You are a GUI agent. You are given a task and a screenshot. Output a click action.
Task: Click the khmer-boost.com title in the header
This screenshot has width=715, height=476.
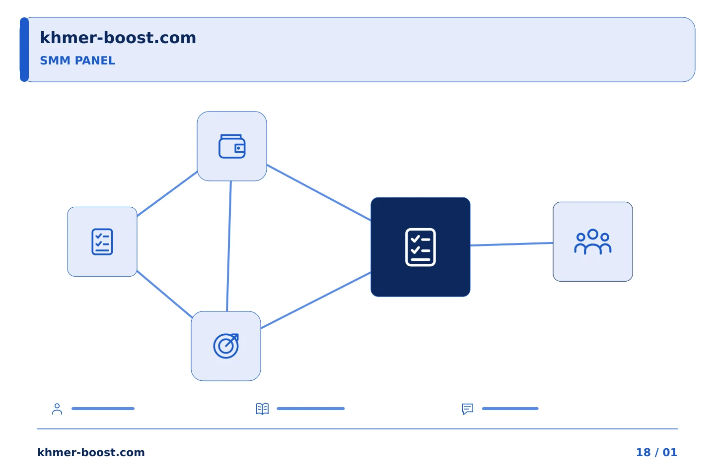pos(118,38)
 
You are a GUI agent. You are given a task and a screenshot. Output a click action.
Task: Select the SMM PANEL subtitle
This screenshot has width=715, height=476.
pos(77,60)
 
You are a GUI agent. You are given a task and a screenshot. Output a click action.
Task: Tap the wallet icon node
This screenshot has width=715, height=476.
pos(232,146)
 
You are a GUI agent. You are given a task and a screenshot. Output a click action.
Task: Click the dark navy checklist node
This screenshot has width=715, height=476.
pos(421,247)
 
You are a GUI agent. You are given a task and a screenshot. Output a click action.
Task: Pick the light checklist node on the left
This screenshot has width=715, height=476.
pos(102,241)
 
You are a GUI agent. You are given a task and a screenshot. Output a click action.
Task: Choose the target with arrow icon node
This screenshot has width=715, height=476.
pos(226,346)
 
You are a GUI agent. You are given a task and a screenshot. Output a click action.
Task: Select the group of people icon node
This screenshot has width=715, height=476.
pos(593,241)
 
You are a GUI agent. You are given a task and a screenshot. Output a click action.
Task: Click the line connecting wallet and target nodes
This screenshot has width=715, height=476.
pos(229,246)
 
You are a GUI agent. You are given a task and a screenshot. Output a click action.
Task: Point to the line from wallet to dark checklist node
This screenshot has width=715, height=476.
pos(319,192)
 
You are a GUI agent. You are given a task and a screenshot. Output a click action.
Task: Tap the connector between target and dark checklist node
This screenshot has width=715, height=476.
pos(316,300)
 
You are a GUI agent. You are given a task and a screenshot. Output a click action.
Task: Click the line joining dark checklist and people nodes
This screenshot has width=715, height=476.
pos(511,244)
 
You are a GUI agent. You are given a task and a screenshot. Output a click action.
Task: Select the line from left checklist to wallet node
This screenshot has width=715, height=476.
pos(167,194)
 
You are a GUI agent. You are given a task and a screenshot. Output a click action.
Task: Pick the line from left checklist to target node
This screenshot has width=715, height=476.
pos(164,294)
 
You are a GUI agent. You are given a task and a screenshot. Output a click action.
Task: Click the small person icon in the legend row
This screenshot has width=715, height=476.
pos(57,409)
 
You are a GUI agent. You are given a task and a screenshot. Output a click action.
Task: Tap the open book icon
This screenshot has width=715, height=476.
pos(262,409)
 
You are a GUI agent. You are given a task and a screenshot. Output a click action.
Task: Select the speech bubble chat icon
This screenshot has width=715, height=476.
pos(468,409)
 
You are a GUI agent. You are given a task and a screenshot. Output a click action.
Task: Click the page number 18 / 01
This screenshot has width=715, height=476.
pos(656,452)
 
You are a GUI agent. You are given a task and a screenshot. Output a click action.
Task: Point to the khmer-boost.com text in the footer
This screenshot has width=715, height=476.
pos(91,452)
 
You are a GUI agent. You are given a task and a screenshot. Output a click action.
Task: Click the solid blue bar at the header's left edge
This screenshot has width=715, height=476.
pos(24,50)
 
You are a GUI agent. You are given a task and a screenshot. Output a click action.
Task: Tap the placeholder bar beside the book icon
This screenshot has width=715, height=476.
pos(311,409)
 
